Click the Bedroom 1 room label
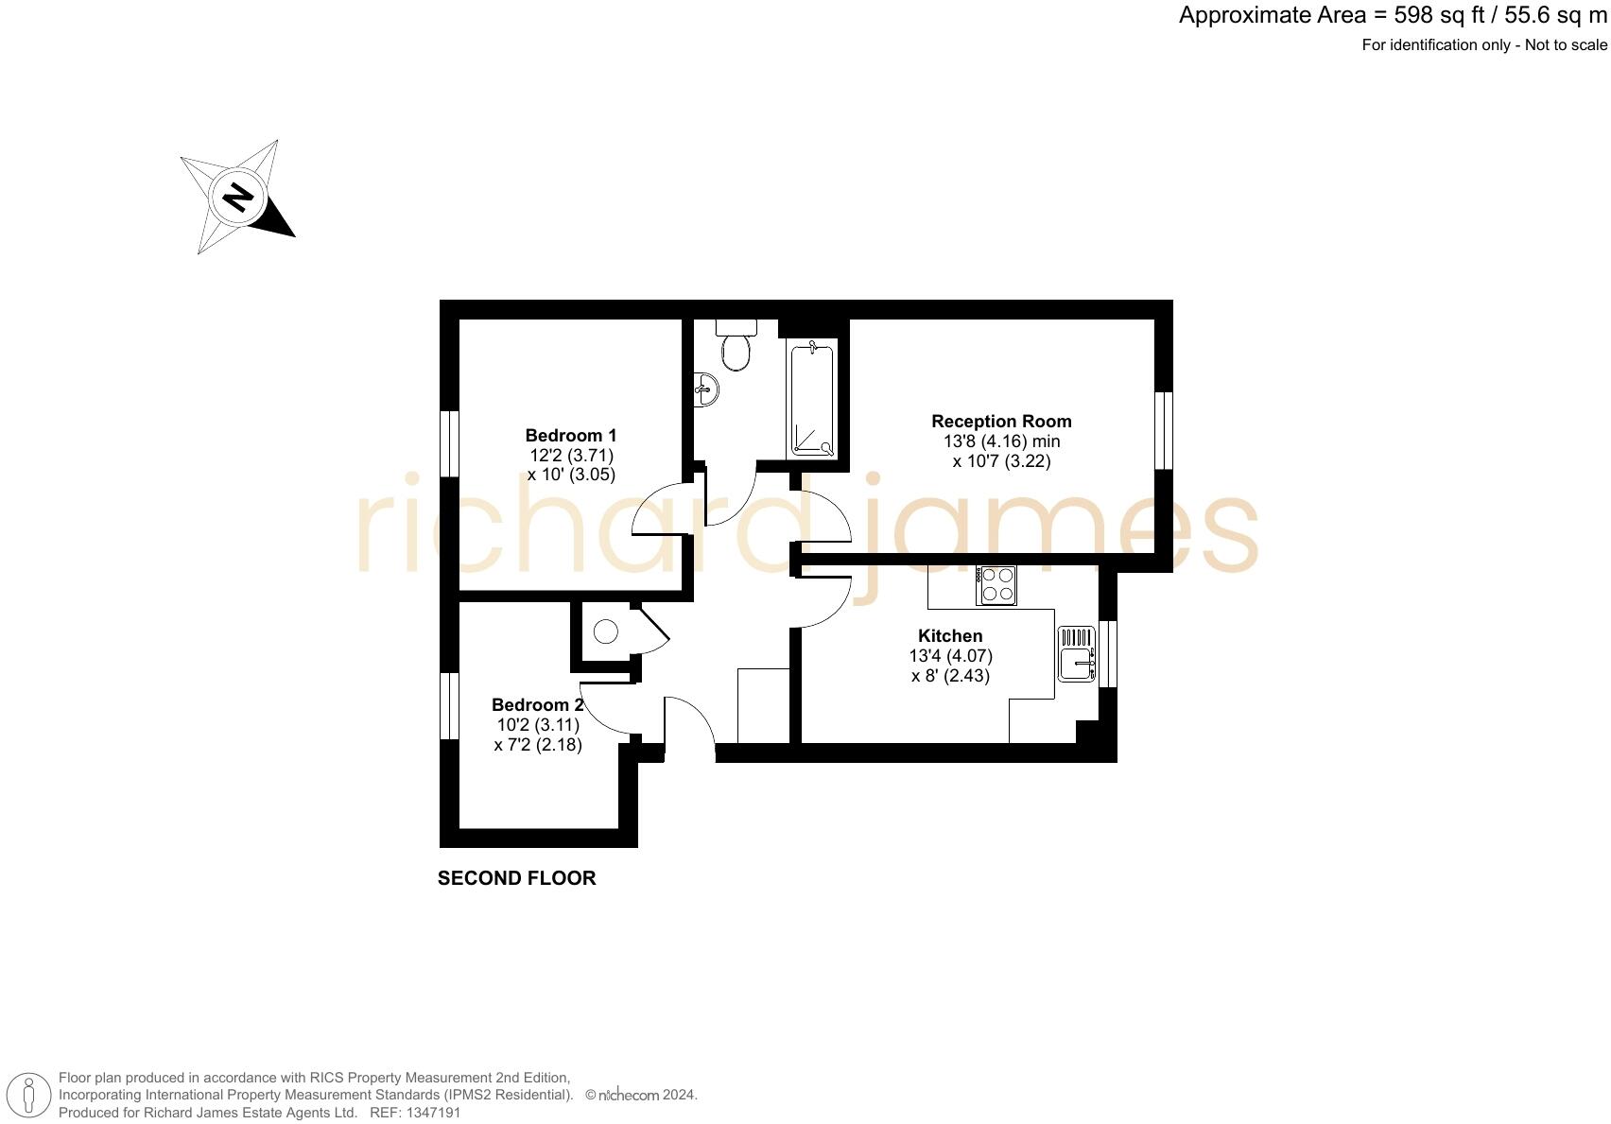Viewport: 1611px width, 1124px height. coord(570,436)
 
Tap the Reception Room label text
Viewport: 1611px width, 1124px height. coord(1001,422)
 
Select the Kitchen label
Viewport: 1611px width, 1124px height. coord(950,636)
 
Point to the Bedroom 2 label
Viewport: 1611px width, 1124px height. coord(537,705)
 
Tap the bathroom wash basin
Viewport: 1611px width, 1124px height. coord(705,389)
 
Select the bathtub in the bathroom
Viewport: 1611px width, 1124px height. coord(812,401)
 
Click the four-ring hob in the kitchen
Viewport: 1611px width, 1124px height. coord(996,584)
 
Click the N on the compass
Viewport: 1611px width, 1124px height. coord(236,198)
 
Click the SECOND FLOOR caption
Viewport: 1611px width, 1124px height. coord(516,878)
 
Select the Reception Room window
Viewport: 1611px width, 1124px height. coord(1164,430)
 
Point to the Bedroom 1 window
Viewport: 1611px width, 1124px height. coord(450,443)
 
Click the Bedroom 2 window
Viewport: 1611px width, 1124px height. coord(450,705)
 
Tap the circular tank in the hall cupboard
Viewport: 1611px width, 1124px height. coord(605,631)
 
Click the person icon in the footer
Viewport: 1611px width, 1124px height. coord(29,1097)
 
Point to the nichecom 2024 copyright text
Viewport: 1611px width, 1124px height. coord(641,1095)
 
